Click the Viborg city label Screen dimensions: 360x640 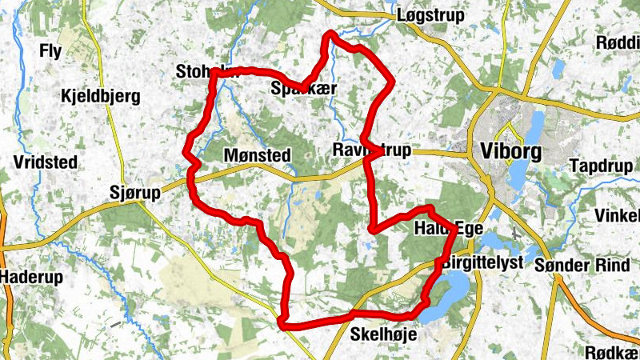[x=513, y=150]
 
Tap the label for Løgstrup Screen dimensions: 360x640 [x=430, y=15]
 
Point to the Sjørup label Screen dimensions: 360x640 [x=134, y=192]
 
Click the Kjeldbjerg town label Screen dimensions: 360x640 [x=100, y=97]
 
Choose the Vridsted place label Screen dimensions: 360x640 [x=45, y=162]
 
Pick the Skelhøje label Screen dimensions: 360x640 [x=384, y=336]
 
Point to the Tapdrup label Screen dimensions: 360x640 [x=602, y=166]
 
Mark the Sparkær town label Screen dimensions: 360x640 [x=302, y=90]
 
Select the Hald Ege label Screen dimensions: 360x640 [x=448, y=230]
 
